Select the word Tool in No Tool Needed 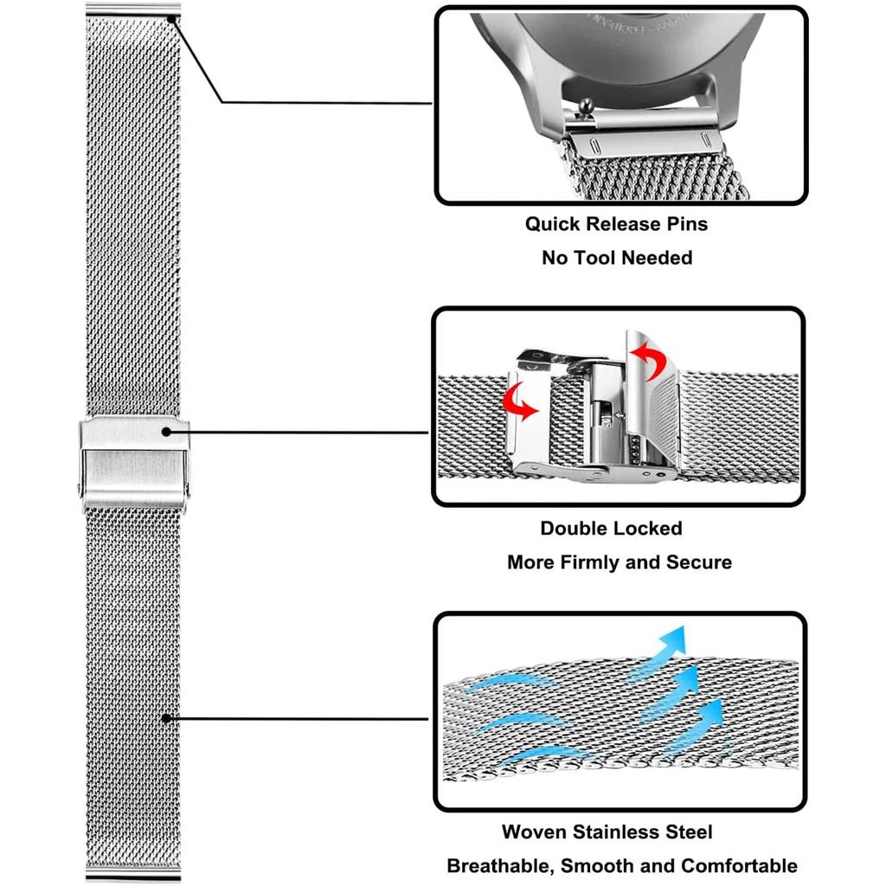600,258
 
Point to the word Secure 698,562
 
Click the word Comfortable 739,866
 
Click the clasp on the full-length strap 133,464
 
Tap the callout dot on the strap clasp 164,430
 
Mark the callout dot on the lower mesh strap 165,717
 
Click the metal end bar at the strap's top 133,10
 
